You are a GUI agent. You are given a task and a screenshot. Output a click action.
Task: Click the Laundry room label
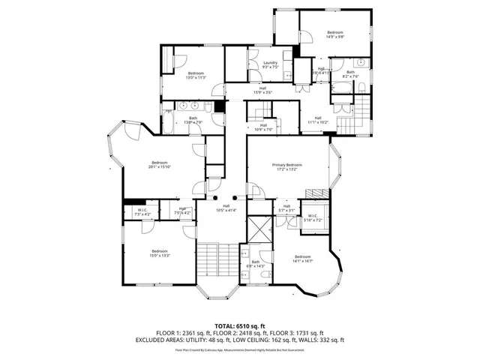click(271, 64)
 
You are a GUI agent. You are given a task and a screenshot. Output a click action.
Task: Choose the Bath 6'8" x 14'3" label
click(256, 265)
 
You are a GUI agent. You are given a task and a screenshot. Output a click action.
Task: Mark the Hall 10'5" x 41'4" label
click(226, 208)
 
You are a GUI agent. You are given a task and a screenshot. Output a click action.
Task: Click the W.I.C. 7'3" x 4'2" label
click(142, 212)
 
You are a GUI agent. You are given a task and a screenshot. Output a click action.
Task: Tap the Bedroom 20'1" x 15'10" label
click(159, 165)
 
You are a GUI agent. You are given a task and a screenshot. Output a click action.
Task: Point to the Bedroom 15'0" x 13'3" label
click(160, 253)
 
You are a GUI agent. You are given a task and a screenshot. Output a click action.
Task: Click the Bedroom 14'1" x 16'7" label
click(304, 259)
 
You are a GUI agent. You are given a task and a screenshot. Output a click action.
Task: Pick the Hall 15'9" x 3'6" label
click(262, 90)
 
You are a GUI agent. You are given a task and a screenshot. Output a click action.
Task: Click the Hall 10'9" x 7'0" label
click(262, 127)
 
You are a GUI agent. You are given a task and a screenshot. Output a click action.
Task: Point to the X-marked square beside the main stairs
click(259, 228)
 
